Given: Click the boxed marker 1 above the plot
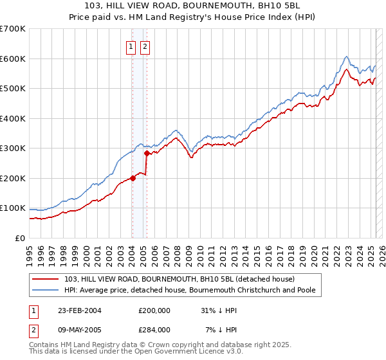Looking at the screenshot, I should (x=131, y=46).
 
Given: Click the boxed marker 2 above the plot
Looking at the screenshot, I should (x=145, y=46).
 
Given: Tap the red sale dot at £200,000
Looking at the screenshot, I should (x=133, y=178).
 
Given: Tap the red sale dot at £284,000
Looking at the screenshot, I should (x=147, y=153).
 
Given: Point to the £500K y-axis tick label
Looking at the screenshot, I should (x=13, y=89).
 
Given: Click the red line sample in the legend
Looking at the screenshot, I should (x=47, y=279).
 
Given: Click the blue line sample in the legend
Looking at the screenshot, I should (x=47, y=290).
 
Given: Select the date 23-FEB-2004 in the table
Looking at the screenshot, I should (x=79, y=310).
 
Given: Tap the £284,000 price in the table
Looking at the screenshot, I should (x=154, y=329).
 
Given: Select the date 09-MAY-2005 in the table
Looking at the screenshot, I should (x=79, y=329).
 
